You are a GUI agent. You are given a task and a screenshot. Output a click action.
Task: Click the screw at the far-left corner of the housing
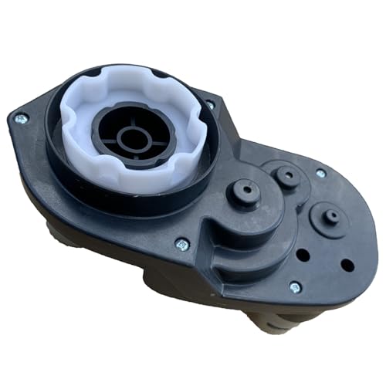coord(21,118)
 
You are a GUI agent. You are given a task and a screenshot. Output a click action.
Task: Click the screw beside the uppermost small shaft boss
coord(320,174)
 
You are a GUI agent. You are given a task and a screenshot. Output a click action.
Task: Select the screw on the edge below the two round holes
coord(294,286)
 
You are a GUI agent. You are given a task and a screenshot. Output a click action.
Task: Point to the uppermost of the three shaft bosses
coord(287,174)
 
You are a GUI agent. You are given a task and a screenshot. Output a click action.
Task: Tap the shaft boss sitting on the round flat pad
coord(331,217)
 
